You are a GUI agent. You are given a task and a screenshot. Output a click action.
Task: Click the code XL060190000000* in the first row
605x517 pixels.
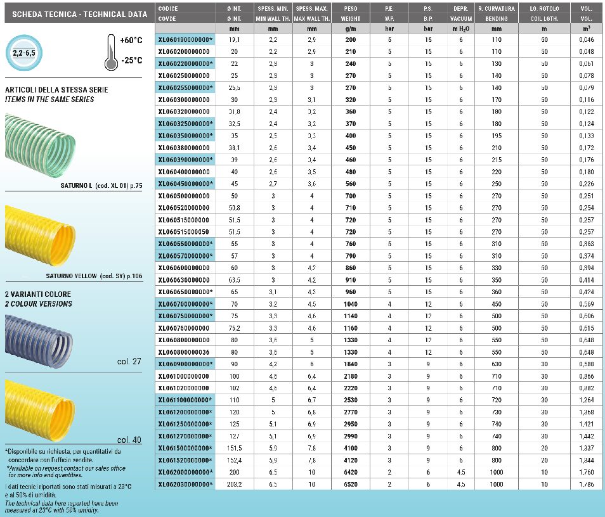(185, 39)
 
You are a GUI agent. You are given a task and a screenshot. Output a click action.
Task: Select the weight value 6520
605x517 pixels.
(350, 484)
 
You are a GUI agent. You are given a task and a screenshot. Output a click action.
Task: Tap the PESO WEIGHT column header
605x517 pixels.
(350, 14)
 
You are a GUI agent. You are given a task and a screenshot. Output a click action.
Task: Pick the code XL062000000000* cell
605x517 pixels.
(185, 472)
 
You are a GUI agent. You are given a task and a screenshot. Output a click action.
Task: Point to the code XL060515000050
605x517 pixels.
(183, 232)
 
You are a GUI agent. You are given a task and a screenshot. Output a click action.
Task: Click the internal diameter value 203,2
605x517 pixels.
(234, 484)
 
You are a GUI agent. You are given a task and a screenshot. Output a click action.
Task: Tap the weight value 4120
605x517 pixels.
(350, 460)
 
